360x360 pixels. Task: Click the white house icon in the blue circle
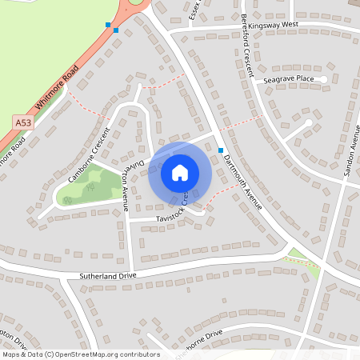click(180, 172)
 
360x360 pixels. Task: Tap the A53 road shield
click(23, 122)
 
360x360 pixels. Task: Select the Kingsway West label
click(273, 26)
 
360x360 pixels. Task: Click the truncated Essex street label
click(194, 10)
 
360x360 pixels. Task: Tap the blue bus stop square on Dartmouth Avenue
click(220, 150)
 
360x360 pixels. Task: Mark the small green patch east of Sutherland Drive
click(298, 255)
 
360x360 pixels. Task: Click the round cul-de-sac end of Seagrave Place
click(323, 79)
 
